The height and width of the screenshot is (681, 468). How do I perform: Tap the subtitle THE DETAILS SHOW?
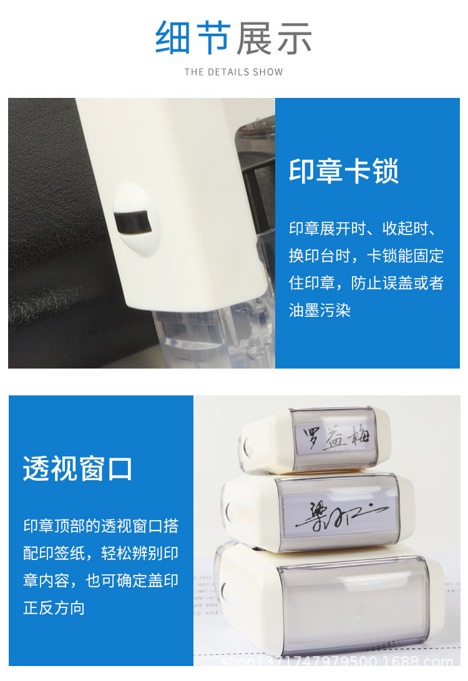pyautogui.click(x=233, y=72)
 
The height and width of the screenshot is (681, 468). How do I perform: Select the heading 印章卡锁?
pyautogui.click(x=344, y=170)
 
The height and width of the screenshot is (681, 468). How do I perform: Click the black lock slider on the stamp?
pyautogui.click(x=132, y=221)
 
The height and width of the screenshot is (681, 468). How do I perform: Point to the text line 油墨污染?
pyautogui.click(x=319, y=310)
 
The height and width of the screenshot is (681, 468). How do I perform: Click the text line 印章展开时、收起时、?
pyautogui.click(x=366, y=228)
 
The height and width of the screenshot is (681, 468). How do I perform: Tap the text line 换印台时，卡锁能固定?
pyautogui.click(x=366, y=256)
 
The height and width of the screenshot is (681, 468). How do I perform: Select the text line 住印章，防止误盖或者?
pyautogui.click(x=366, y=283)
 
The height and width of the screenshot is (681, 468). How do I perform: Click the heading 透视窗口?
pyautogui.click(x=78, y=468)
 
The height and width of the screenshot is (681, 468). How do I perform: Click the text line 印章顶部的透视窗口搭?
pyautogui.click(x=101, y=526)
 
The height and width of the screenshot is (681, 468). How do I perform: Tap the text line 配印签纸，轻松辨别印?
pyautogui.click(x=101, y=553)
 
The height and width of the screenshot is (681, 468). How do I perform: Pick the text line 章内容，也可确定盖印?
pyautogui.click(x=101, y=581)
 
